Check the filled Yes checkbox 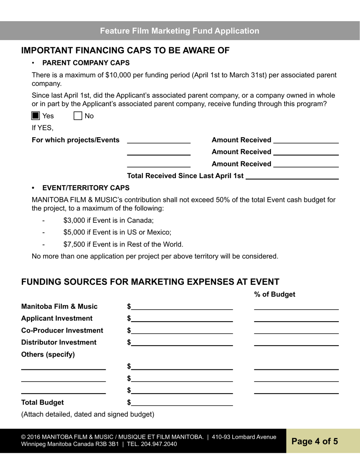coord(36,116)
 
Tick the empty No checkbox coord(78,116)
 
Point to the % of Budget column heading coord(274,294)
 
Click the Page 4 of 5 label coord(315,441)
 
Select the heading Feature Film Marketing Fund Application coord(180,31)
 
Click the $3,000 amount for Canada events coord(74,220)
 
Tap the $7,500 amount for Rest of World coord(74,244)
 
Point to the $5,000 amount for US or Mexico coord(74,232)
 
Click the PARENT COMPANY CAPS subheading coord(86,63)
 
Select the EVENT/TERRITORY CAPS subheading coord(86,188)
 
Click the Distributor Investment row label coord(59,342)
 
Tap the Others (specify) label coord(48,355)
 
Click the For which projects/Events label coord(75,140)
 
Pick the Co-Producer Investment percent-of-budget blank coord(296,330)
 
